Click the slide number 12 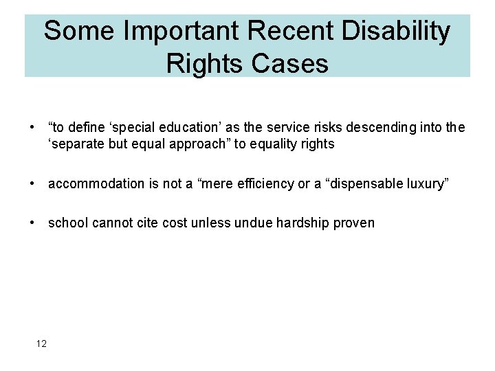(41, 344)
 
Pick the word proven (355, 223)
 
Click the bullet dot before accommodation (32, 183)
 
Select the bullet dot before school (32, 223)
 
